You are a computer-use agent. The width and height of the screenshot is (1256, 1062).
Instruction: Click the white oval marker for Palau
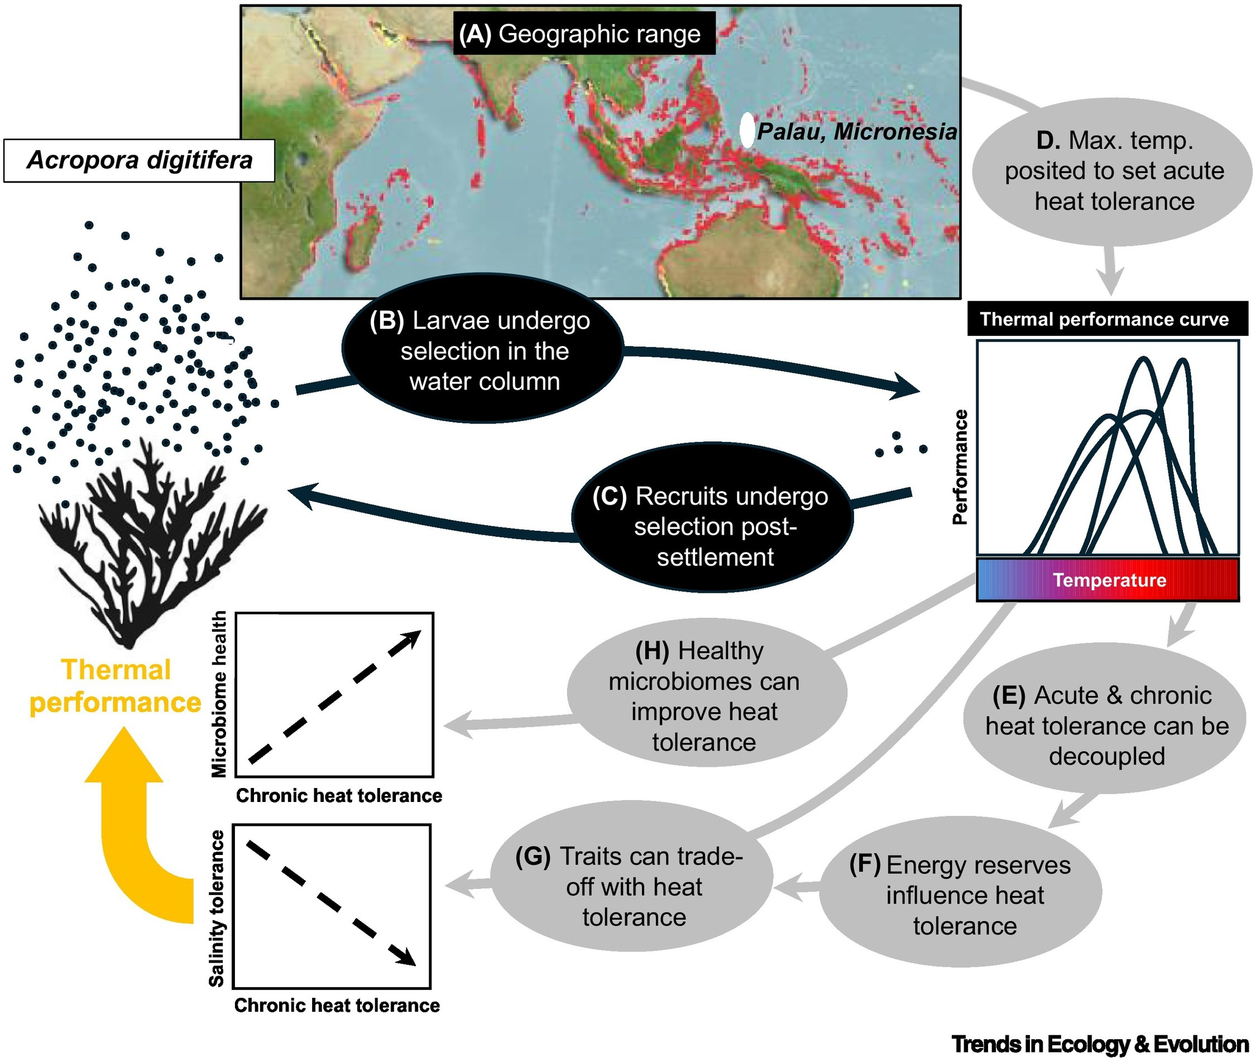[x=746, y=130]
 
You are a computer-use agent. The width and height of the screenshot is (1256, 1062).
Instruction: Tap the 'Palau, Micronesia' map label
[x=857, y=132]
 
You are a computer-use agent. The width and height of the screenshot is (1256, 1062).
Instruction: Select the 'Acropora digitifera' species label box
[x=139, y=160]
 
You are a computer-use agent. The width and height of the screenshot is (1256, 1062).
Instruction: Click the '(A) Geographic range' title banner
[x=584, y=33]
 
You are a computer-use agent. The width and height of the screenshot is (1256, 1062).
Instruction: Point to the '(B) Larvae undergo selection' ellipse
[x=482, y=349]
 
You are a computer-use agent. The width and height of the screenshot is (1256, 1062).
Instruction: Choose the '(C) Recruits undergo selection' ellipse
[x=712, y=518]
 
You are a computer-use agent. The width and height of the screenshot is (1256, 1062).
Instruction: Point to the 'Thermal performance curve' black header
[x=1108, y=319]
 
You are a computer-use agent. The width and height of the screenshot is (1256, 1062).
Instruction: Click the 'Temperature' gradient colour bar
[x=1108, y=580]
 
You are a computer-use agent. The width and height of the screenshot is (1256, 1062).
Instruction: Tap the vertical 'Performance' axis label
[x=960, y=467]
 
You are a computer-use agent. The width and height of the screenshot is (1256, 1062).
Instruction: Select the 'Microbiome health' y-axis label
[x=219, y=694]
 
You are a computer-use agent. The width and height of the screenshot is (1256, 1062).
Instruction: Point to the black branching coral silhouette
[x=151, y=542]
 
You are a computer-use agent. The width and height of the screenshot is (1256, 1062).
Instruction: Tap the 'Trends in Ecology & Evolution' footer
[x=1100, y=1044]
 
